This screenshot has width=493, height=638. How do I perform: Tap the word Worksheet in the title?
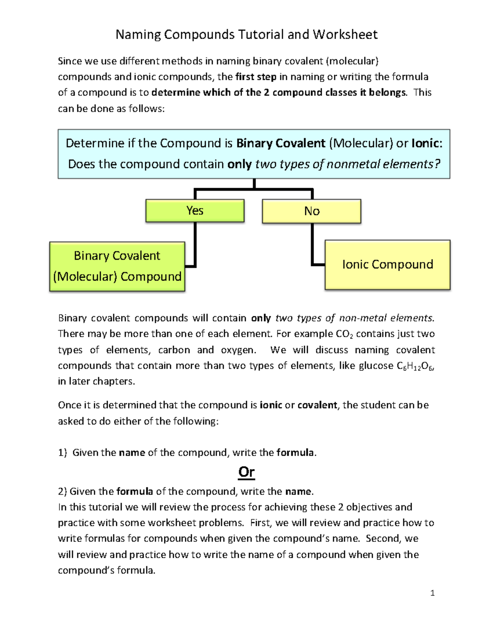pos(345,34)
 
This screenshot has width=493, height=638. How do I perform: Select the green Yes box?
pos(195,211)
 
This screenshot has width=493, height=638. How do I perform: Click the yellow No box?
pos(311,211)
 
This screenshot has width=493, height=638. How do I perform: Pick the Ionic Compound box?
pos(387,265)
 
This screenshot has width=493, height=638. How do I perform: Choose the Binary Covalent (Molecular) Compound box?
pos(117,266)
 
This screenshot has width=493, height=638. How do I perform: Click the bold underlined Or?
pos(246,472)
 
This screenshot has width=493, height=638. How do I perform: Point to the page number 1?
pos(432,593)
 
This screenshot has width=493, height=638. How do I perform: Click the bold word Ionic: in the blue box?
pos(427,143)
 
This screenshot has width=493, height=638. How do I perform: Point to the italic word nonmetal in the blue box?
pos(353,164)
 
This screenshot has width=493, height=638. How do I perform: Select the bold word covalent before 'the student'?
pos(317,405)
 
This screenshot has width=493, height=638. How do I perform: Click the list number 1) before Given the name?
pos(62,453)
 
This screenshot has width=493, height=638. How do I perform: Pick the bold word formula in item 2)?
pos(135,491)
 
